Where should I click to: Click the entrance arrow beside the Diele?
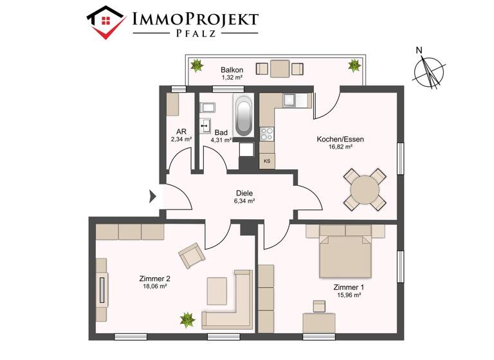coord(153,197)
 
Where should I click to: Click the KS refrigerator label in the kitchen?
coord(266,161)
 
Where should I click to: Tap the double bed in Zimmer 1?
coord(346,254)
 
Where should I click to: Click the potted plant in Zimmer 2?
coord(187,318)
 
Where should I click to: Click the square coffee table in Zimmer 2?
coord(217,289)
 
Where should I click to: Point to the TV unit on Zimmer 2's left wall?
coord(102,289)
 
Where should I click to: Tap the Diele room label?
coord(244,192)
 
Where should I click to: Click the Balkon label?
coord(232,69)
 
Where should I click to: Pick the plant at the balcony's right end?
coord(353,65)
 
